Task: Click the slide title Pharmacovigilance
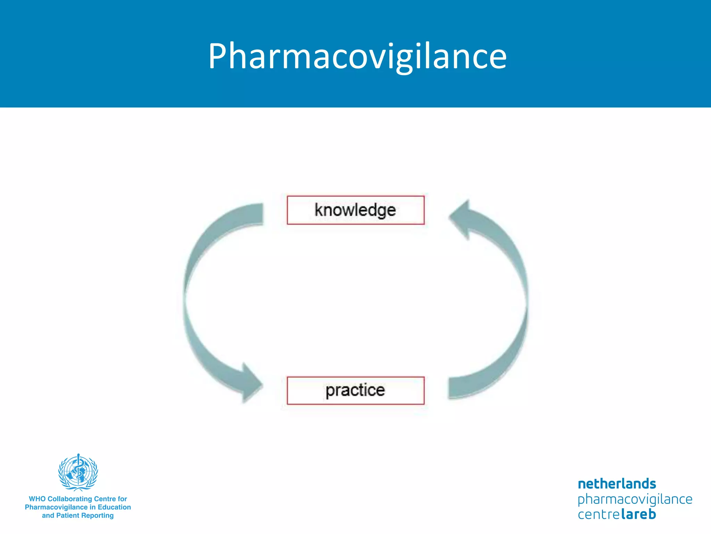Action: click(357, 56)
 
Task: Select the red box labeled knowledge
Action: click(355, 210)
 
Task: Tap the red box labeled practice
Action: click(355, 390)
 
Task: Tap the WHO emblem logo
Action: click(78, 472)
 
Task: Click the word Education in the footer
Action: click(114, 507)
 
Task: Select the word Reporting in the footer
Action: click(97, 516)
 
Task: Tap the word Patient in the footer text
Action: click(68, 516)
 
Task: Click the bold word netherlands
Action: click(617, 484)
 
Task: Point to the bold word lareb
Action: click(638, 514)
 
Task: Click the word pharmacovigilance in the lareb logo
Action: click(635, 500)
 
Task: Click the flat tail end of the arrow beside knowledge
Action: click(259, 214)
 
